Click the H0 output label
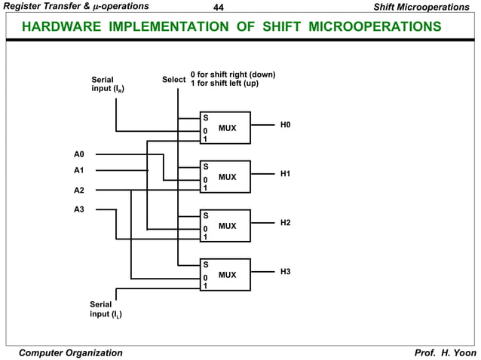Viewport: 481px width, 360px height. (285, 124)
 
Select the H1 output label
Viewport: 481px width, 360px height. (285, 174)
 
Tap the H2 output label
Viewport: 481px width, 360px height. (285, 223)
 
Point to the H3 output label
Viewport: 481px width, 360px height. (285, 271)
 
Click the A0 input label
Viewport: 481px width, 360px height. (79, 154)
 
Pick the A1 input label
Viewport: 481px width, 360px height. (79, 170)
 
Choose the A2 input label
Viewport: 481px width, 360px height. (79, 190)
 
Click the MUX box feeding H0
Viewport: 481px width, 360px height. (225, 128)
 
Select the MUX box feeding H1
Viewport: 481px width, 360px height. (225, 177)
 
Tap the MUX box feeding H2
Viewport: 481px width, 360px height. (225, 226)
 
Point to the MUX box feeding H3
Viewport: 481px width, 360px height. (225, 275)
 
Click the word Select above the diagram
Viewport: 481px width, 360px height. (173, 80)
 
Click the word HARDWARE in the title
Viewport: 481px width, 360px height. (63, 27)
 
